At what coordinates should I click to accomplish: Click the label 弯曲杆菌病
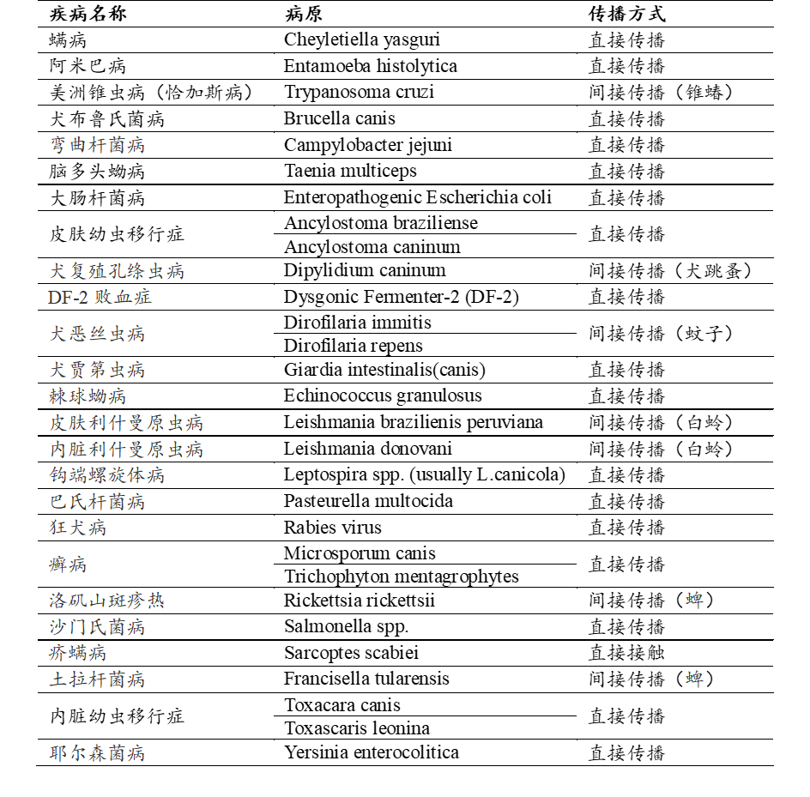point(96,145)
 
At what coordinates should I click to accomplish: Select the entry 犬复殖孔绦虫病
point(116,271)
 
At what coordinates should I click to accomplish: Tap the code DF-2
point(68,298)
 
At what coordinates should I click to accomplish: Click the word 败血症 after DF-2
point(123,298)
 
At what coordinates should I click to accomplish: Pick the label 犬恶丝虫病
point(96,333)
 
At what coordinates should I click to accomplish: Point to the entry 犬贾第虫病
point(96,370)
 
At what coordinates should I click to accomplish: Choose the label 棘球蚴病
point(87,395)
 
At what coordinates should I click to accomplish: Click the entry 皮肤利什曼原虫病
point(126,423)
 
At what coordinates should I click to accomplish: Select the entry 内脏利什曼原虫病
point(126,450)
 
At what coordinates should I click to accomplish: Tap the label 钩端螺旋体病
point(106,475)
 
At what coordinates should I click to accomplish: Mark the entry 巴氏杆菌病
point(96,501)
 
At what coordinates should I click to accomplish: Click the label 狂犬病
point(77,527)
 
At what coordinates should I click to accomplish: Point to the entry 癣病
point(67,564)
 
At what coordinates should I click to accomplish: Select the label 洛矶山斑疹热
point(106,601)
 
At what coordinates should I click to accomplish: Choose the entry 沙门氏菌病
point(96,627)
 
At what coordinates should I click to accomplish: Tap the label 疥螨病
point(77,653)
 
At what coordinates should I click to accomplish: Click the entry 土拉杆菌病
point(96,679)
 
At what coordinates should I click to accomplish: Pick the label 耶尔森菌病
point(96,753)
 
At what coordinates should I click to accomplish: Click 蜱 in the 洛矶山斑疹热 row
point(694,601)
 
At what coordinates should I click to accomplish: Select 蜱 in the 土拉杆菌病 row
point(694,679)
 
